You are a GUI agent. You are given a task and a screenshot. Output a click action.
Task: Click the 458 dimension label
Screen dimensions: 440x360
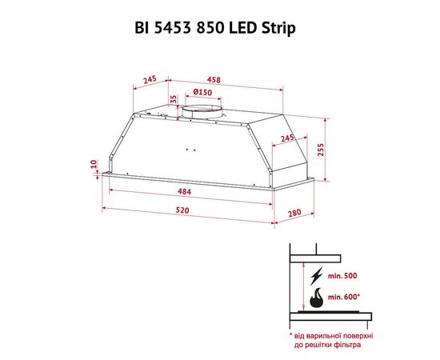(214, 80)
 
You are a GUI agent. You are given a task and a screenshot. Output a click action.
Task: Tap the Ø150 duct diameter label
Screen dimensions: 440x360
(202, 92)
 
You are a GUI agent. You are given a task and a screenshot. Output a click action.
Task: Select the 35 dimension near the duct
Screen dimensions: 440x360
(174, 99)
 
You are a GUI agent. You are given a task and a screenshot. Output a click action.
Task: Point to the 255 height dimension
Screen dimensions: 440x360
(321, 150)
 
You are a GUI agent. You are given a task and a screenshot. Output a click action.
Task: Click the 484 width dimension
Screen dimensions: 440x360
(184, 192)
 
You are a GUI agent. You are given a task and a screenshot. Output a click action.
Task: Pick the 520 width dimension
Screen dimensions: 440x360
(182, 210)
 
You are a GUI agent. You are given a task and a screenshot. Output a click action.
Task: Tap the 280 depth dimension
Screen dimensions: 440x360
(294, 214)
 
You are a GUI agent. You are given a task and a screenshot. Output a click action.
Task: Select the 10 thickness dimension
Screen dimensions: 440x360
(94, 164)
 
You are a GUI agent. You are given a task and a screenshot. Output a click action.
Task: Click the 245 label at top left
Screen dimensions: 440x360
(150, 80)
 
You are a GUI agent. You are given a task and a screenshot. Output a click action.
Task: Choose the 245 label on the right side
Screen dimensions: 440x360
(287, 138)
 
